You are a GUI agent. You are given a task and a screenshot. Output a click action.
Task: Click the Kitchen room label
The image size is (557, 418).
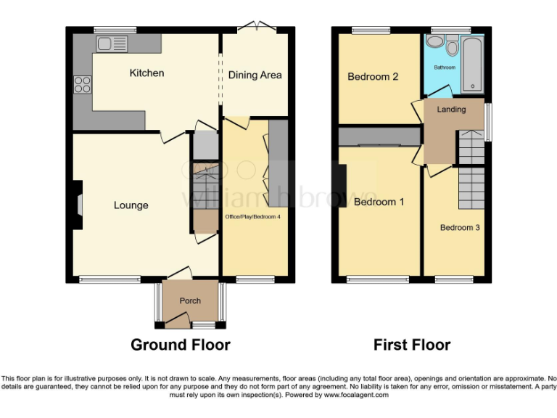[147, 73]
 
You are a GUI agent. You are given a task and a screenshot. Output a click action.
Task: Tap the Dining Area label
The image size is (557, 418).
[255, 75]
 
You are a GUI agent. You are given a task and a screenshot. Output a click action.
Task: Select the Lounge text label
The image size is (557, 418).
[131, 205]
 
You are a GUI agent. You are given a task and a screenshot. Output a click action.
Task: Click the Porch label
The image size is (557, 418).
[190, 301]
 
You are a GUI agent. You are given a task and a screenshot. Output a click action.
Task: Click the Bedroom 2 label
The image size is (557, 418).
[373, 77]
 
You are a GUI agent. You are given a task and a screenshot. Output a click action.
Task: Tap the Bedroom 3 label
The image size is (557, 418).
[460, 227]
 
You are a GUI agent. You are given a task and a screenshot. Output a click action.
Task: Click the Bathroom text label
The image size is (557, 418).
[445, 67]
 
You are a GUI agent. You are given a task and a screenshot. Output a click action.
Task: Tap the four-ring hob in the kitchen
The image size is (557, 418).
[82, 84]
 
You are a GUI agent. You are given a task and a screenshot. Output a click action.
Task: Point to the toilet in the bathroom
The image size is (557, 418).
[453, 47]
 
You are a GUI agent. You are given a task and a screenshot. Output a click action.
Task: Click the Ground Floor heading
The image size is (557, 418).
[181, 345]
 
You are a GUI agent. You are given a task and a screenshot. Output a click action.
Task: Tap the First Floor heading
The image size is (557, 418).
[411, 345]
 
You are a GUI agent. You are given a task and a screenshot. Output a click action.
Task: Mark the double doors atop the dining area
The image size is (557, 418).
[257, 27]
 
